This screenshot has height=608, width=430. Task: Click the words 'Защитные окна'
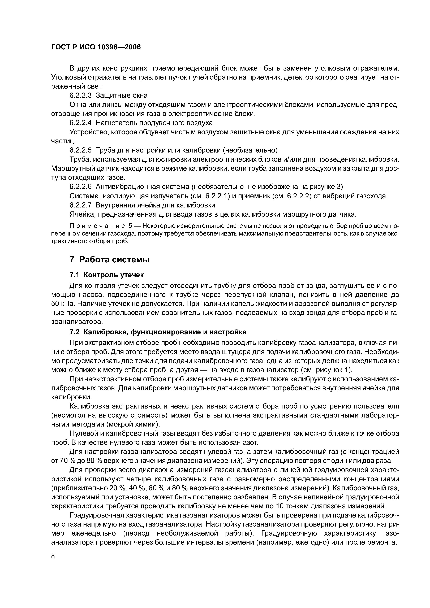coord(122,95)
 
